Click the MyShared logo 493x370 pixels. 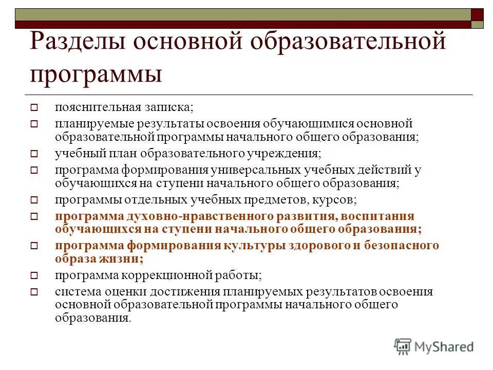coord(434,346)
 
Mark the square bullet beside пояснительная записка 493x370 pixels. coord(35,108)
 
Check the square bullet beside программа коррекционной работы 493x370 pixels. coord(35,276)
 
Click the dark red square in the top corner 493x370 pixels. coord(478,14)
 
